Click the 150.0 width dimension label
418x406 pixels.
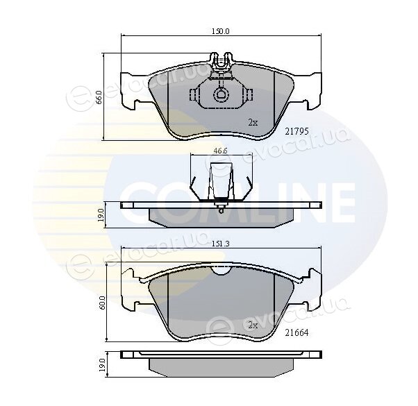tap(221, 31)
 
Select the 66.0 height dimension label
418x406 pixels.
tap(99, 97)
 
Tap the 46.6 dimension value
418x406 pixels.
tap(220, 151)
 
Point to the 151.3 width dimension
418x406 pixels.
tap(220, 244)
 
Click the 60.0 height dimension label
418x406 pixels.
tap(103, 303)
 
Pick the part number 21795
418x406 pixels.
tap(296, 131)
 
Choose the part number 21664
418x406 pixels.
tap(296, 332)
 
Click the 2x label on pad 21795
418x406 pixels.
tap(253, 123)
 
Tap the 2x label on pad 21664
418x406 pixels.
tap(253, 325)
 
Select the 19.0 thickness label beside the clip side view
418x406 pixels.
tap(101, 214)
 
